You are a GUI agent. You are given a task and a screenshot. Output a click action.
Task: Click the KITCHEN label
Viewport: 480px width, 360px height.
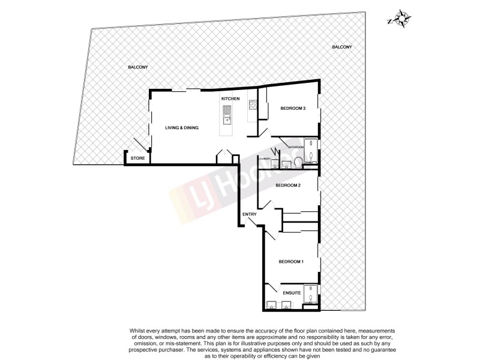click(x=230, y=98)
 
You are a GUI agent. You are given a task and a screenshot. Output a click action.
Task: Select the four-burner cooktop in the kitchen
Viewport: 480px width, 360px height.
click(x=253, y=106)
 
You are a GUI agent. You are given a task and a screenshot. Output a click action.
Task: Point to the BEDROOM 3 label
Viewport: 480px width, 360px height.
click(x=293, y=108)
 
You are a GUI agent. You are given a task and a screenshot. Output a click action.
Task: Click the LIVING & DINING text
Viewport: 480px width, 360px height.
click(x=182, y=128)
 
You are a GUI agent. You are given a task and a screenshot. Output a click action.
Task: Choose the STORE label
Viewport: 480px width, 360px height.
click(x=138, y=158)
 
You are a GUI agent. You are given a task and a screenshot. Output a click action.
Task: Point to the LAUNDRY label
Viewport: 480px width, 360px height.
click(x=265, y=159)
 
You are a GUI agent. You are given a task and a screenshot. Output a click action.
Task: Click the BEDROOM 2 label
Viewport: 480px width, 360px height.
click(x=287, y=185)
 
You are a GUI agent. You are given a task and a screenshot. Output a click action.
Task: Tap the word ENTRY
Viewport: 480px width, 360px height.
click(x=250, y=214)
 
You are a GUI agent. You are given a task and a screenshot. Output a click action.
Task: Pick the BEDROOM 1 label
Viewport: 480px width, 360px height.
click(x=291, y=261)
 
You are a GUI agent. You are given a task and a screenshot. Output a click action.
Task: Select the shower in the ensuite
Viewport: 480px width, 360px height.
click(x=311, y=293)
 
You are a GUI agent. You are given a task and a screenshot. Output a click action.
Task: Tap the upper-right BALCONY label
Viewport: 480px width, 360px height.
click(x=341, y=47)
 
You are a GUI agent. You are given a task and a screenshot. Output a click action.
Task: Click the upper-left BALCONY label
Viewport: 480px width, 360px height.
click(x=137, y=67)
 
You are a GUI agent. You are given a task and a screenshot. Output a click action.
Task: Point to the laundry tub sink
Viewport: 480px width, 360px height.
click(x=268, y=166)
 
